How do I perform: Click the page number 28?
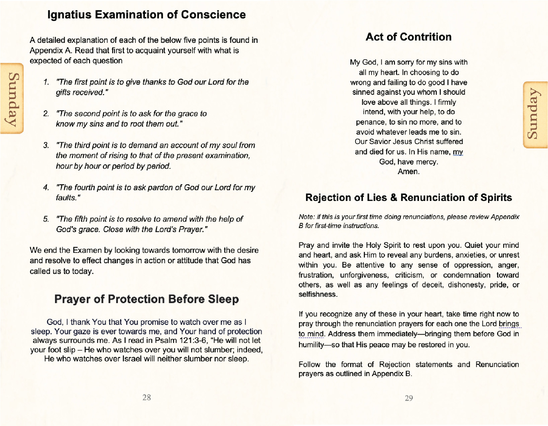pyautogui.click(x=147, y=397)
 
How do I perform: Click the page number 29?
pyautogui.click(x=409, y=398)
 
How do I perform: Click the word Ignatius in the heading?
pyautogui.click(x=69, y=15)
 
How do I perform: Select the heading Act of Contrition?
pyautogui.click(x=408, y=37)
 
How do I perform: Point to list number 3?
pyautogui.click(x=46, y=145)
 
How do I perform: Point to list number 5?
pyautogui.click(x=46, y=219)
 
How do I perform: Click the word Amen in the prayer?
pyautogui.click(x=408, y=171)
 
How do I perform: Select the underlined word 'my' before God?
pyautogui.click(x=458, y=152)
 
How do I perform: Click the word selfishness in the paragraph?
pyautogui.click(x=317, y=294)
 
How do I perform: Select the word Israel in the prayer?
pyautogui.click(x=132, y=359)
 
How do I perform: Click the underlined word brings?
pyautogui.click(x=509, y=324)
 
